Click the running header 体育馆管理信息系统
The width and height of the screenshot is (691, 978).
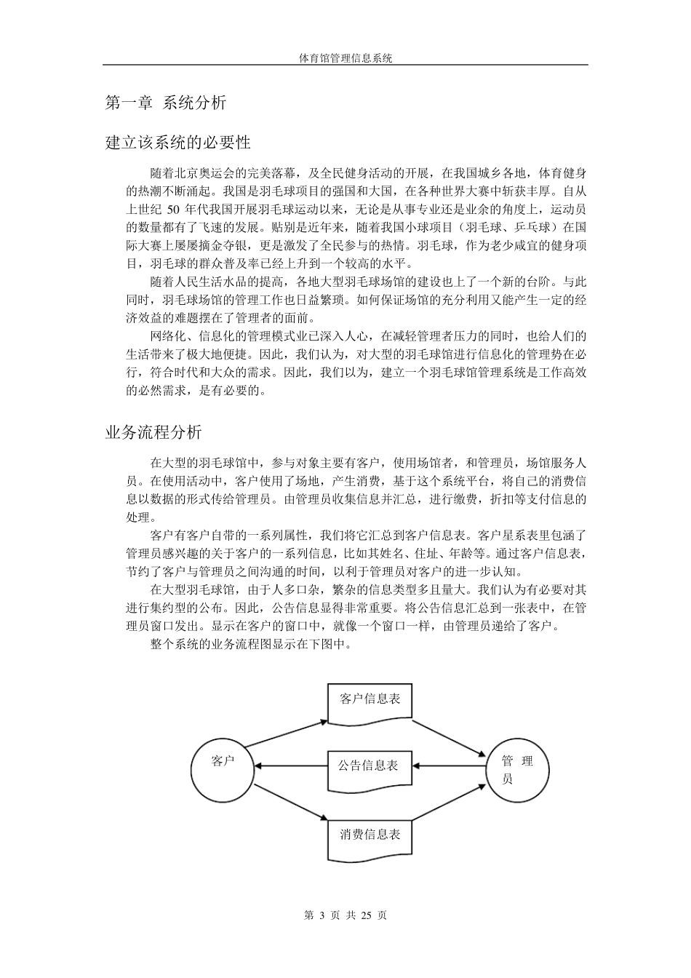pyautogui.click(x=345, y=58)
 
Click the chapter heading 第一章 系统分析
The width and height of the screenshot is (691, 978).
pyautogui.click(x=166, y=103)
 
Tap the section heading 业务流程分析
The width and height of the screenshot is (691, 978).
pyautogui.click(x=153, y=432)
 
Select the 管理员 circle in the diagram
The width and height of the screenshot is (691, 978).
pyautogui.click(x=517, y=770)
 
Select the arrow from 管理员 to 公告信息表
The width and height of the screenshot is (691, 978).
pyautogui.click(x=450, y=766)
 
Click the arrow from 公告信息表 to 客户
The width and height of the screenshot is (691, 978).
pyautogui.click(x=291, y=766)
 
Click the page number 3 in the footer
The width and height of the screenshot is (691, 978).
pyautogui.click(x=321, y=915)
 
